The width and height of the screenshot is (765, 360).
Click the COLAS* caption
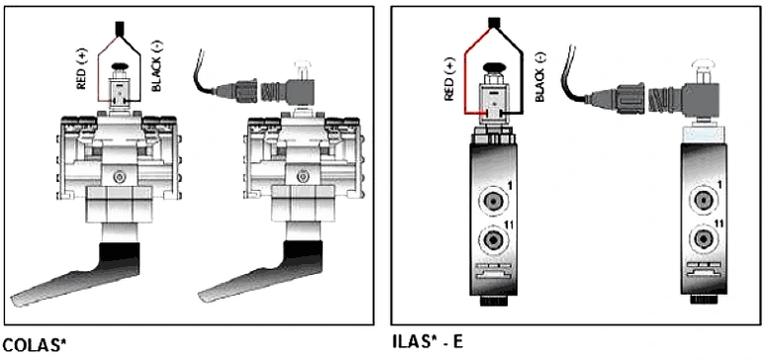(x=35, y=345)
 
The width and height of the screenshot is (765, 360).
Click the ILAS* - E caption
(x=428, y=342)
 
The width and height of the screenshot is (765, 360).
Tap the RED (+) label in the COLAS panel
(x=81, y=71)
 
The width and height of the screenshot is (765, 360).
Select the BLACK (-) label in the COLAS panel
(x=156, y=66)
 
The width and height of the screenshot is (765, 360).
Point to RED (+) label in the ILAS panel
(x=449, y=79)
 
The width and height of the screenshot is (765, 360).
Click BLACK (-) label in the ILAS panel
(x=539, y=77)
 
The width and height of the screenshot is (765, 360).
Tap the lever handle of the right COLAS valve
(x=260, y=275)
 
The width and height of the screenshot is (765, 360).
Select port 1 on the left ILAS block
(x=493, y=201)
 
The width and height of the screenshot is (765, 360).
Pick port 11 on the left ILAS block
(x=493, y=239)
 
